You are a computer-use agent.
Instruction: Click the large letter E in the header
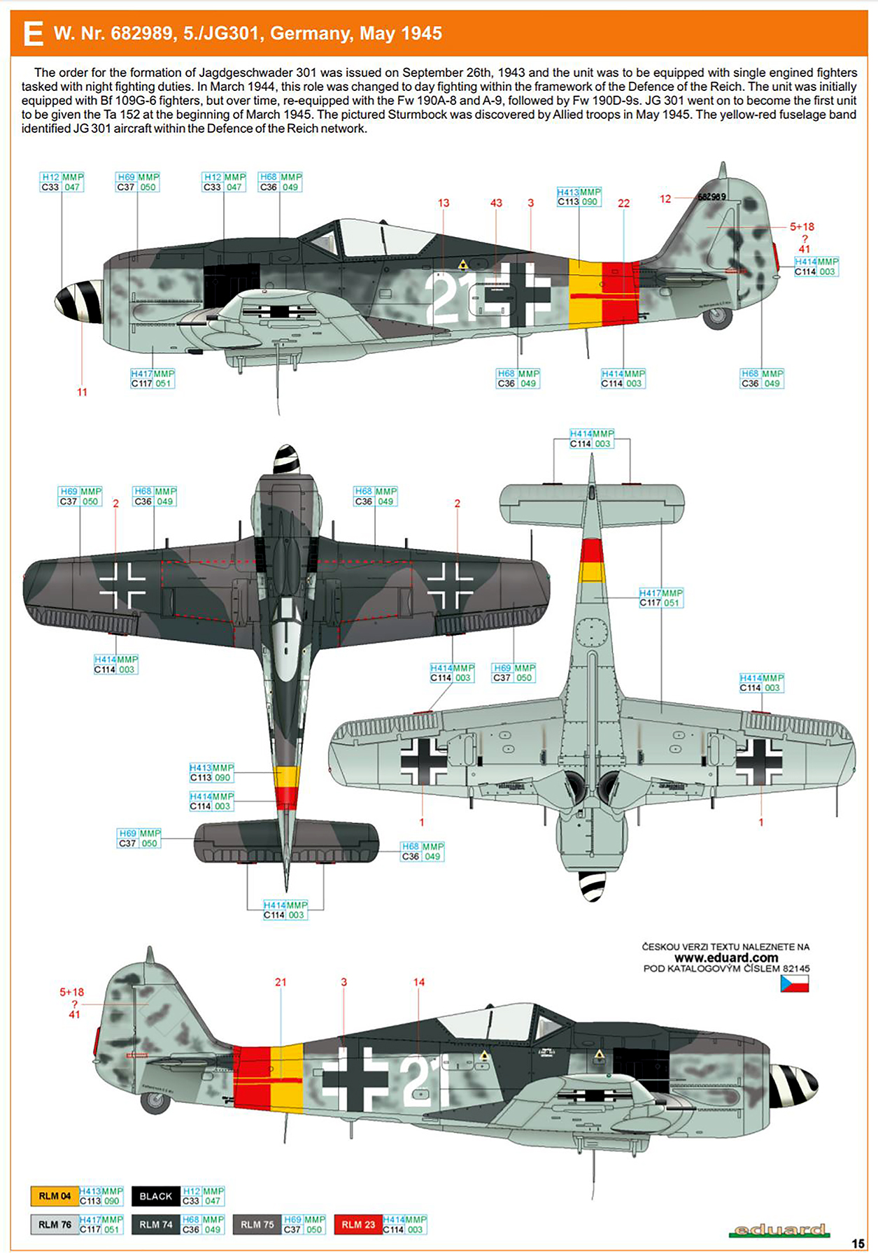point(32,34)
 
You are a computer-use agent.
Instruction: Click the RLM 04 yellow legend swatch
point(55,1196)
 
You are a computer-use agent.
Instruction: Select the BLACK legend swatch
point(155,1196)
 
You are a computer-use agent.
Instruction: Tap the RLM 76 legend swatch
point(55,1225)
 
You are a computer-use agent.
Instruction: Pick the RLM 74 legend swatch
point(155,1225)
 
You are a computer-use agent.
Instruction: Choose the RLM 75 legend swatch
point(257,1225)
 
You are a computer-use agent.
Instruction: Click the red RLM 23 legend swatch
point(358,1225)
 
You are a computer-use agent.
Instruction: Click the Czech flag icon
point(794,983)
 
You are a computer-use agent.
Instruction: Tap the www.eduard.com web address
point(726,958)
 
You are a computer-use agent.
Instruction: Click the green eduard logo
point(778,1230)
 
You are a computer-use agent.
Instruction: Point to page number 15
point(858,1244)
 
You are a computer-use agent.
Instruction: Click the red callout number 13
point(444,203)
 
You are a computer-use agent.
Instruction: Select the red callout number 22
point(623,204)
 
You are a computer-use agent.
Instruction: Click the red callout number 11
point(82,392)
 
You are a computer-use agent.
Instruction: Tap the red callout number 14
point(418,982)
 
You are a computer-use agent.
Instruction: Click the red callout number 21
point(281,982)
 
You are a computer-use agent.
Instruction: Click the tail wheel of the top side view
point(717,318)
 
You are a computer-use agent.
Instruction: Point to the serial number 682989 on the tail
point(711,197)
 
